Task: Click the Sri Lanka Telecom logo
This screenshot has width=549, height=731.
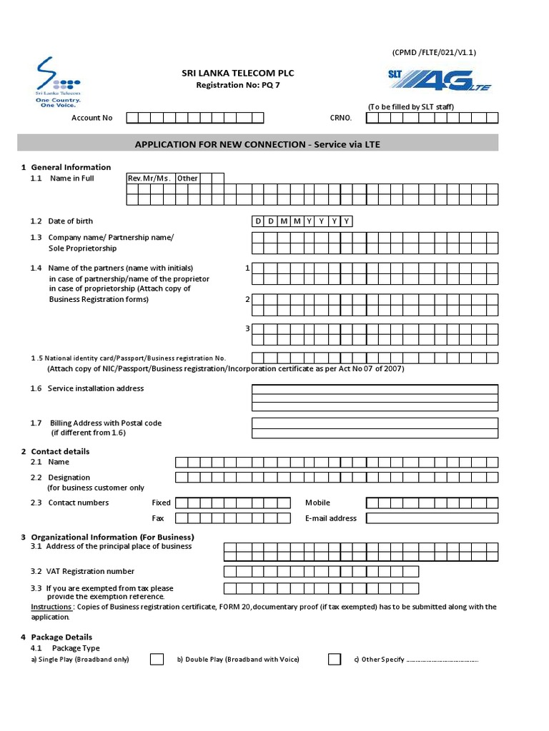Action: (58, 82)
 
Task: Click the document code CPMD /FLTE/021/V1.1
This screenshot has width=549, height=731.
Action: (434, 53)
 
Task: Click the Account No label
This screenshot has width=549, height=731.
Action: (91, 118)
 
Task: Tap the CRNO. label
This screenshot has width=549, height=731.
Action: (341, 118)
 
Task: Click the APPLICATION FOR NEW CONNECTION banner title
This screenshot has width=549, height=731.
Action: (257, 144)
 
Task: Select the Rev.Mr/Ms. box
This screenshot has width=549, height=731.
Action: (149, 178)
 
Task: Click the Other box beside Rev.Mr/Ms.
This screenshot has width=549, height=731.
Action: (187, 178)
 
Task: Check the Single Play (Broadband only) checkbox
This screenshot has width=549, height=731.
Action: (157, 660)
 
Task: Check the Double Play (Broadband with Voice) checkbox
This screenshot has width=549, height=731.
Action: (335, 660)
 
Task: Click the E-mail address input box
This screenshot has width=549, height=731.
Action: (432, 518)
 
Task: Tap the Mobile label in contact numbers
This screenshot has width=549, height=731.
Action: (317, 503)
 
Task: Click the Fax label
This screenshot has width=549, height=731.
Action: (158, 518)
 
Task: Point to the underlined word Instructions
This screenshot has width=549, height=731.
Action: (52, 607)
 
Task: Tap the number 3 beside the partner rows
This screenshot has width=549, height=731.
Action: (247, 328)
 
